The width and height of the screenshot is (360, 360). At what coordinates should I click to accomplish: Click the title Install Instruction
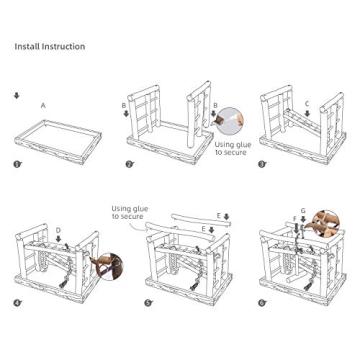[x=49, y=46]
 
